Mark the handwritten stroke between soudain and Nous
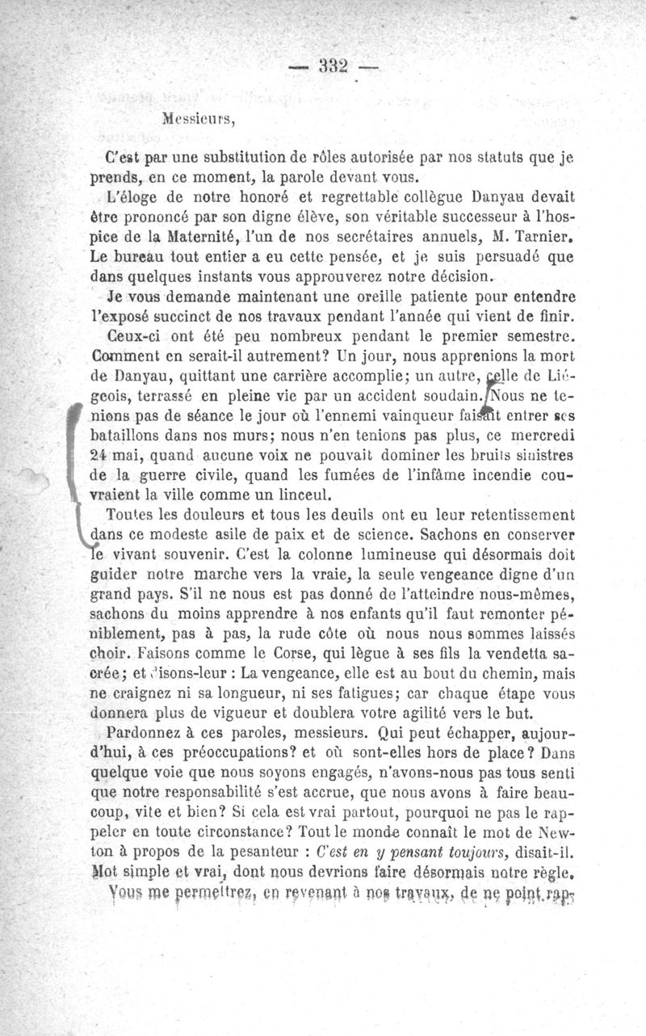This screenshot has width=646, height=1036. pos(487,396)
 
